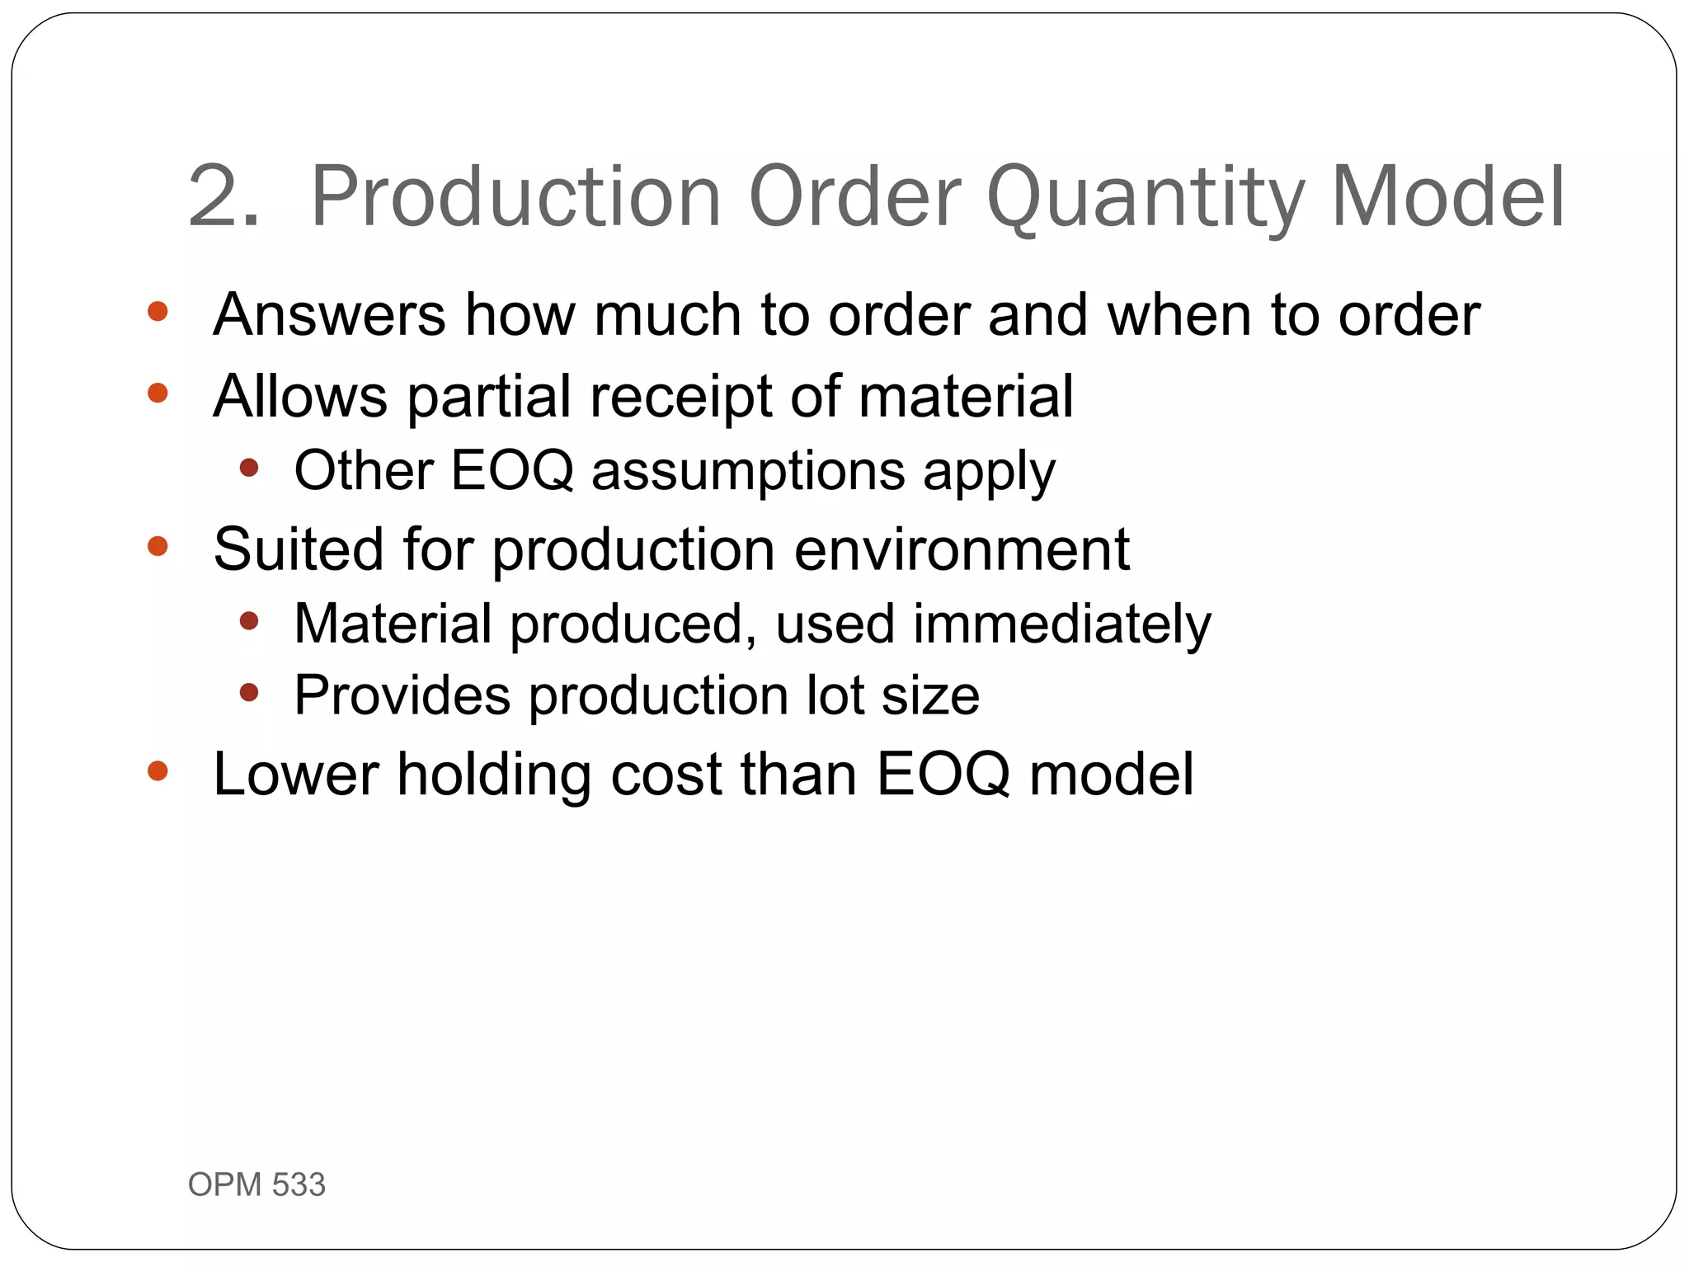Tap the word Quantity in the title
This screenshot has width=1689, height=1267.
click(x=1146, y=198)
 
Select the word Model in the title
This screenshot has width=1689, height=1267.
click(x=1448, y=198)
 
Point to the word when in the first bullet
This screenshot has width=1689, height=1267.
click(x=1179, y=315)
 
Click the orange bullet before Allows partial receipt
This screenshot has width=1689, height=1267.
click(x=158, y=393)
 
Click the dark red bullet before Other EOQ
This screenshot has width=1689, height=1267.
click(x=249, y=469)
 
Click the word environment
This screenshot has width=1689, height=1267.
click(x=962, y=549)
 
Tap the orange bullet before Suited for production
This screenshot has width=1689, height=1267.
click(x=158, y=546)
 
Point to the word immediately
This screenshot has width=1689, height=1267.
click(x=1062, y=624)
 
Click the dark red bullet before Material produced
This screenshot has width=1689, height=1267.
click(x=249, y=620)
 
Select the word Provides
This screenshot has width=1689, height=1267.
click(x=402, y=695)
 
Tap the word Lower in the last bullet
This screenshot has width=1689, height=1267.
click(x=295, y=775)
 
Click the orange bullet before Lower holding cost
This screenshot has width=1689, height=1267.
click(x=158, y=771)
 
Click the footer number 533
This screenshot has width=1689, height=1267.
click(x=299, y=1185)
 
